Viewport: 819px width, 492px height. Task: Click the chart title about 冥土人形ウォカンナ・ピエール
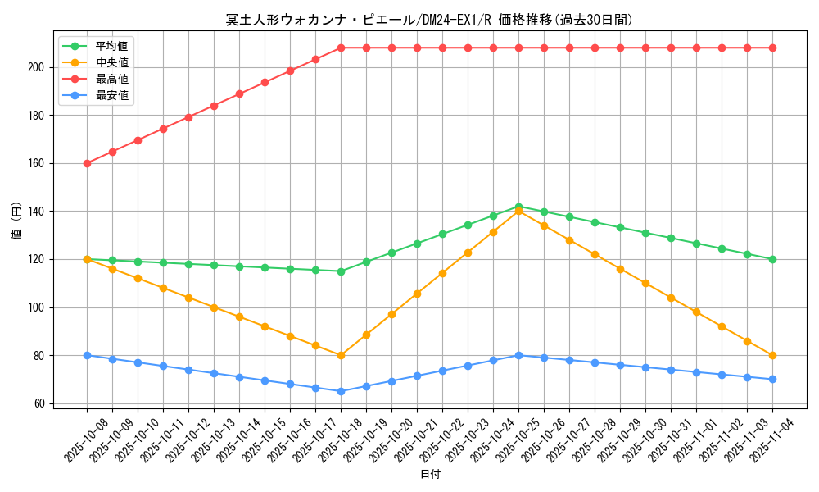[429, 20]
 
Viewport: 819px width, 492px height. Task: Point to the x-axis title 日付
[430, 475]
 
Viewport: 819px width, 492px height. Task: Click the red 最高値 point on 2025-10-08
[87, 163]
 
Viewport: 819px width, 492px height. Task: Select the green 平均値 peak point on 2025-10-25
[518, 207]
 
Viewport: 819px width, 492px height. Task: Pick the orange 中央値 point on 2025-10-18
[341, 355]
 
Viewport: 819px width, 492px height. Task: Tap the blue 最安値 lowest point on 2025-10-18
[341, 391]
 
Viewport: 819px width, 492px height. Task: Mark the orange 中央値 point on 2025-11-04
[772, 355]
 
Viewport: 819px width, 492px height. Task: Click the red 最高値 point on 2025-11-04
[772, 48]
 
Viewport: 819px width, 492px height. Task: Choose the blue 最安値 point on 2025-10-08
[87, 355]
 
